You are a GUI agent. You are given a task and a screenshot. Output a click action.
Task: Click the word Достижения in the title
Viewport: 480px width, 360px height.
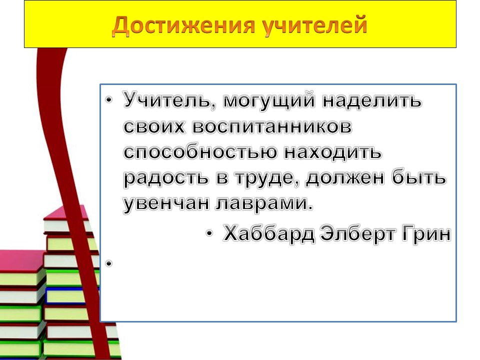coord(183,25)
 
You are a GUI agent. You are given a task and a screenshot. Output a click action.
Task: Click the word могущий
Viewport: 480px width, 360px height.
coord(269,100)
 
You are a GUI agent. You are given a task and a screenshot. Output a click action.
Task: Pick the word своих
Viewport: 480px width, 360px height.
coord(154,126)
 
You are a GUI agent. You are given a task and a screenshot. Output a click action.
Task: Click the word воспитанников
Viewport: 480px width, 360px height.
coord(272,126)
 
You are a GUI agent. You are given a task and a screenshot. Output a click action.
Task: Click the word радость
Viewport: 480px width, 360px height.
coord(165,178)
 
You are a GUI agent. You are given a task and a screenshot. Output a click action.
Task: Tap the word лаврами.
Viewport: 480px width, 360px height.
coord(264,203)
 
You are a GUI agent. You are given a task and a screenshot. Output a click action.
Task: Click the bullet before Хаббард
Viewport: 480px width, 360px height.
coord(209,234)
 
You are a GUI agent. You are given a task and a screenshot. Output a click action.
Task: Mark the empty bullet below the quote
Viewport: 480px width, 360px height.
coord(109,263)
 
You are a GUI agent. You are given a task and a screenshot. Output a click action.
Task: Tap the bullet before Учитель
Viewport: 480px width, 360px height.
coord(109,100)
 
